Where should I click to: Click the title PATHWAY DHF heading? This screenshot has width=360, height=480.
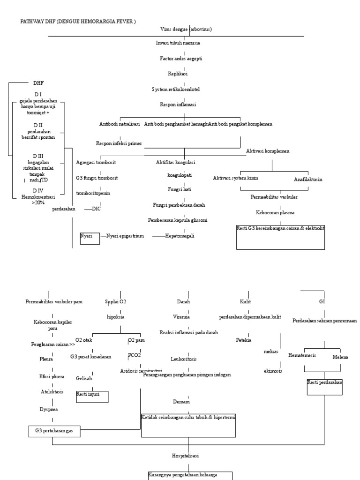coord(78,22)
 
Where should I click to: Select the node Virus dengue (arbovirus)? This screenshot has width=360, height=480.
coord(186,29)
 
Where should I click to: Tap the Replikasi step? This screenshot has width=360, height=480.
coord(178,74)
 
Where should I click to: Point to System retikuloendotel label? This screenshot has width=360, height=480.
coord(179,89)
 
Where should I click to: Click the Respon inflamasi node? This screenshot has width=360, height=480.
coord(178,105)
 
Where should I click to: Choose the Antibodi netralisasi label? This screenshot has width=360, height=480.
coord(120,124)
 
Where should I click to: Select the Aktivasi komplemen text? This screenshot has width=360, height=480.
coord(268,151)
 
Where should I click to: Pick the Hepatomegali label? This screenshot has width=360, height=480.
coord(180,236)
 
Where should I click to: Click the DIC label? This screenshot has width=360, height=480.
coord(97,209)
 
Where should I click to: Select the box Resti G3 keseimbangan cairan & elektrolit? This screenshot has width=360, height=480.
coord(281,237)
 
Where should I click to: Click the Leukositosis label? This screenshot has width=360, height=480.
coord(184,359)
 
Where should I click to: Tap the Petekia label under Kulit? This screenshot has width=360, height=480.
coord(244,340)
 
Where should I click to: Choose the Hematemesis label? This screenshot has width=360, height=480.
coord(302,355)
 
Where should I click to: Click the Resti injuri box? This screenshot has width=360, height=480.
coord(92,397)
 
